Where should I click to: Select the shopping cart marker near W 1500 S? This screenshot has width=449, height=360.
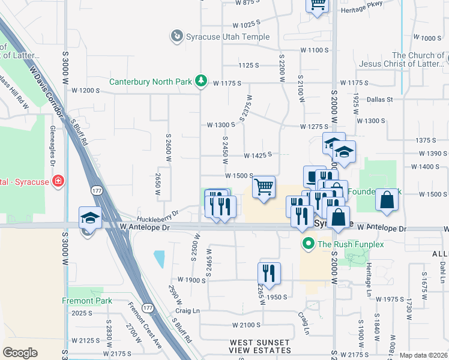coord(264,187)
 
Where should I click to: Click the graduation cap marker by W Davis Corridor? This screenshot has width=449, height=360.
coord(90,217)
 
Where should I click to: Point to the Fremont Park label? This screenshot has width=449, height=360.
coord(86,301)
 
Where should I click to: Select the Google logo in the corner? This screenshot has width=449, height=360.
coord(20,353)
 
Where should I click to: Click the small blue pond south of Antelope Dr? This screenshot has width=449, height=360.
coord(158,259)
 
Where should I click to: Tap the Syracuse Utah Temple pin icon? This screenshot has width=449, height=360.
coord(176,37)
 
